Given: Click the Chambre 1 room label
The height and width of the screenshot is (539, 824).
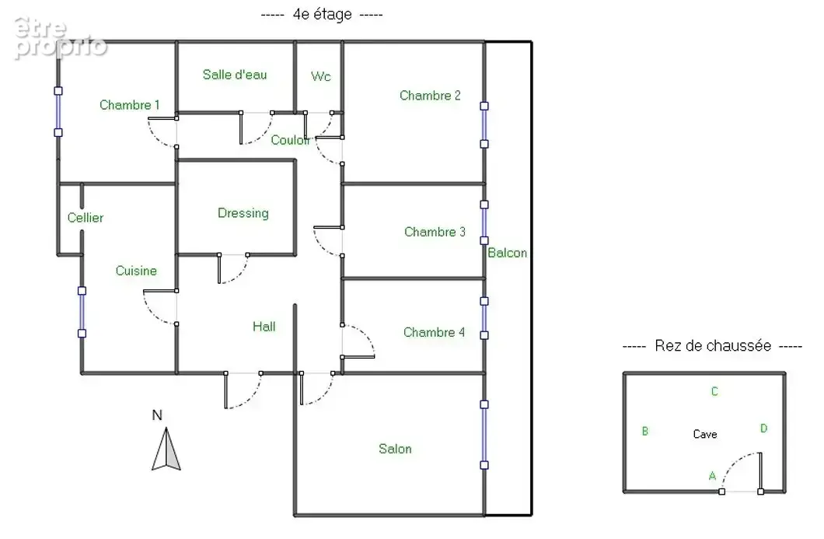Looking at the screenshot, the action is [x=129, y=105].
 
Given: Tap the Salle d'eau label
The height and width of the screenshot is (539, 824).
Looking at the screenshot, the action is [x=235, y=75].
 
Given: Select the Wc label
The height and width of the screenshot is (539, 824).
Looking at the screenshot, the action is [x=320, y=76].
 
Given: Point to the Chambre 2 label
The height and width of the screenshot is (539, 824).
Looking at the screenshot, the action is [x=430, y=95].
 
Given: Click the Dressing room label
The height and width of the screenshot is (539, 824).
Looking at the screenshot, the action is [x=243, y=213].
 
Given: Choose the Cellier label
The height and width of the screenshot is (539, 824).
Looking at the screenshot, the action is [x=86, y=218].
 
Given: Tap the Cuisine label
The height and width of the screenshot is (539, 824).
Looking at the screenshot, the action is [x=136, y=271].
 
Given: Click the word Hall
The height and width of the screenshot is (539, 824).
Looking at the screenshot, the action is [x=264, y=327].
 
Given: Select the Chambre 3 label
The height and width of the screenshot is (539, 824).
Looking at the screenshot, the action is [x=435, y=232].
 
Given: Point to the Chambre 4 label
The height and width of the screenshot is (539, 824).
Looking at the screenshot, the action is [x=434, y=332].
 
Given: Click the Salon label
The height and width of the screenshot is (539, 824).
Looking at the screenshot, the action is [x=395, y=449].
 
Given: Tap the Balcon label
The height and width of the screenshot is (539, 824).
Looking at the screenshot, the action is [x=507, y=253].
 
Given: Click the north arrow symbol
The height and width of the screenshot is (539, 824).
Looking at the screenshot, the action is [x=166, y=449].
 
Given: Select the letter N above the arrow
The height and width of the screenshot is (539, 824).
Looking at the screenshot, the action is [x=156, y=415].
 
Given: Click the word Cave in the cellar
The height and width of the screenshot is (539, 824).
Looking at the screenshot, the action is [x=705, y=434].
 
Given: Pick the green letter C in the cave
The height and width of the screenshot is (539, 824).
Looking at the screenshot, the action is [x=714, y=391].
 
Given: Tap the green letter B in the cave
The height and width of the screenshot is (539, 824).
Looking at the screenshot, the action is [x=644, y=431].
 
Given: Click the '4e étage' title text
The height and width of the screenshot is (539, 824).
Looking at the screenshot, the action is [x=322, y=14].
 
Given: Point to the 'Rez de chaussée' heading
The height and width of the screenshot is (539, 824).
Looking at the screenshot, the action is [x=713, y=346].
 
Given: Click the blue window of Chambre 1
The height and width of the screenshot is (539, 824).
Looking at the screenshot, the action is [x=58, y=111].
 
